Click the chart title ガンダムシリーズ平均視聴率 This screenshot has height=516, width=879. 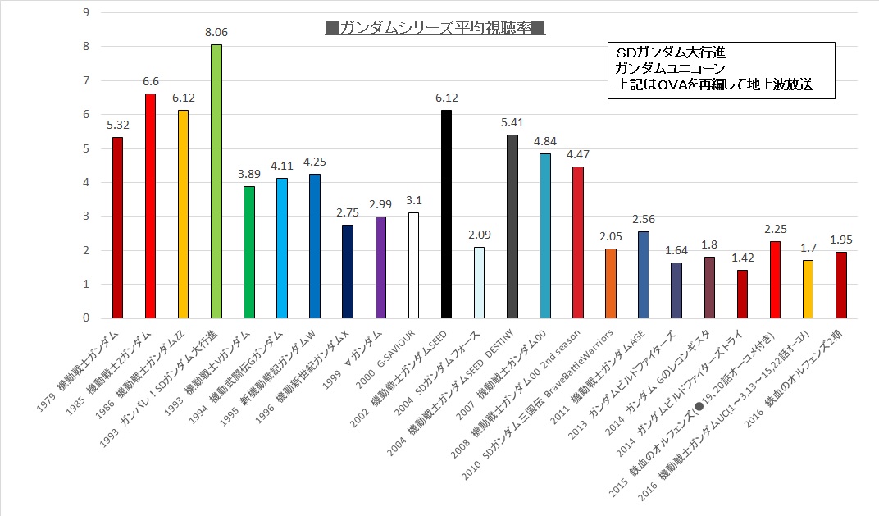pos(435,29)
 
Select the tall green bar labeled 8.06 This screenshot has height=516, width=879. pos(216,181)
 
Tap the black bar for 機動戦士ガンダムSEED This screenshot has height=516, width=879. pos(446,214)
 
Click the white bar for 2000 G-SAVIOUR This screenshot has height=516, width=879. pos(413,266)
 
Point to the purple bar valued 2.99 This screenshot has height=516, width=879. pos(380,267)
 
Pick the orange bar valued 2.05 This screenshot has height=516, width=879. pos(610,283)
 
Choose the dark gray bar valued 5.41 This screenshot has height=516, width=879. pos(512,226)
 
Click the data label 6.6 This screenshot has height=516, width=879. pos(150,81)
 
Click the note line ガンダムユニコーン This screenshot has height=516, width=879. pos(670,67)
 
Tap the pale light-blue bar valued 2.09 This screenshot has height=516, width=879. pos(479,283)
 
